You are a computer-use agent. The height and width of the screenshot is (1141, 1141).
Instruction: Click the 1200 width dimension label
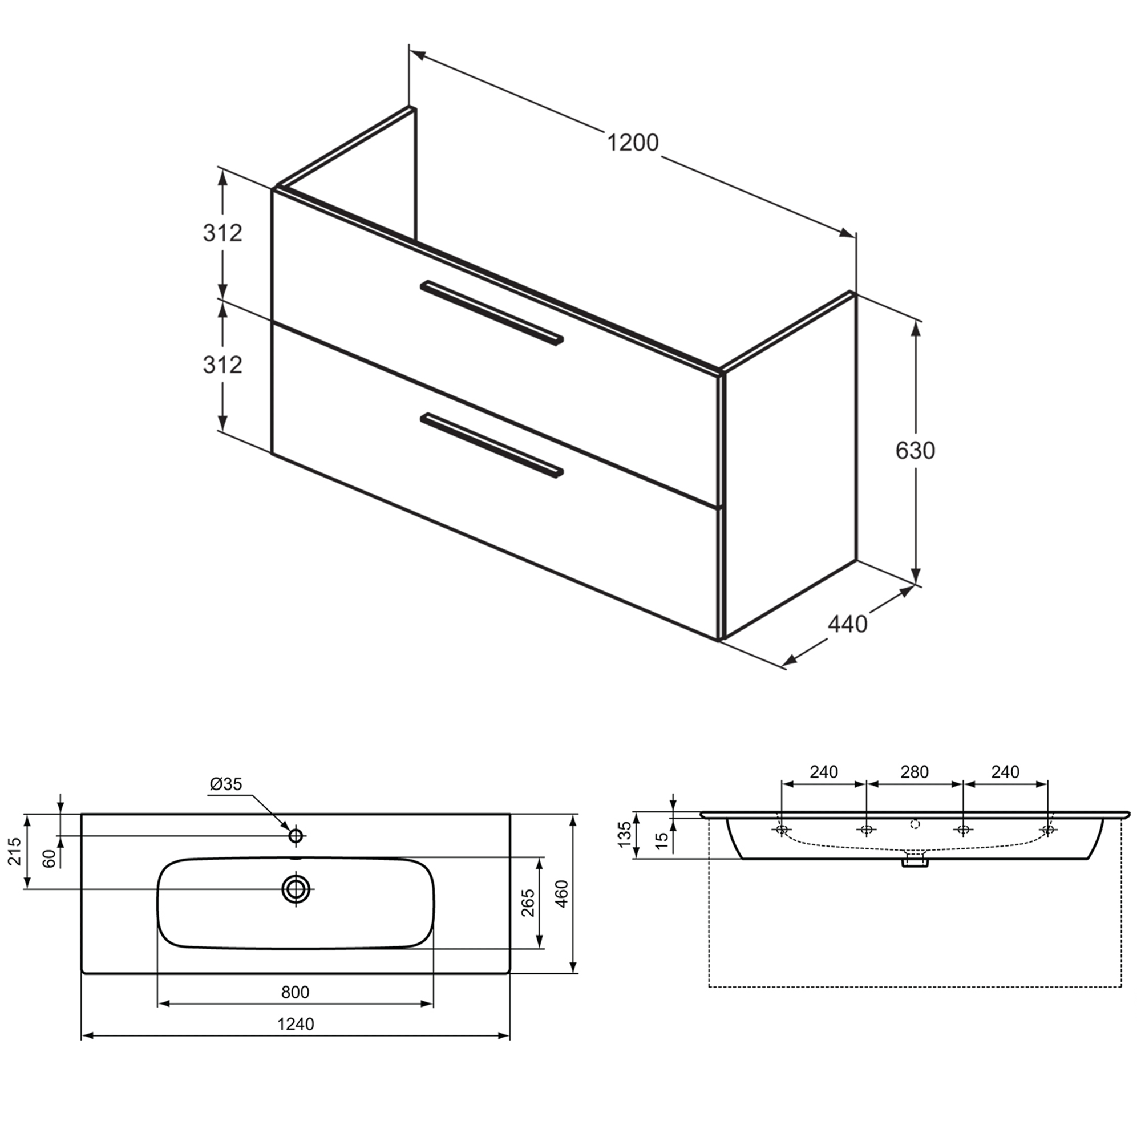point(633,143)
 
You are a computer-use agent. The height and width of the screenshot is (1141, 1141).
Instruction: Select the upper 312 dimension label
point(222,233)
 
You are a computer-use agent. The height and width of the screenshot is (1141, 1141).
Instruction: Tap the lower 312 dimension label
point(222,365)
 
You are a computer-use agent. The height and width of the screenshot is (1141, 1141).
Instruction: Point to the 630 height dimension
point(915,451)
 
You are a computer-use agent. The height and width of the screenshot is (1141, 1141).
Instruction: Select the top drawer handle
point(492,313)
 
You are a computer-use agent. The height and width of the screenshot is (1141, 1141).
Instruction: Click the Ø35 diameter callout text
point(225,784)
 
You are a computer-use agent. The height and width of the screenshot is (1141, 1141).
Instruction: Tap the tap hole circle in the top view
point(296,836)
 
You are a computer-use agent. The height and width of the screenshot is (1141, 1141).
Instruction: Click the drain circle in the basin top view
point(296,888)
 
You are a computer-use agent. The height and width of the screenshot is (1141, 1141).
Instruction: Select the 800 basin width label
point(295,992)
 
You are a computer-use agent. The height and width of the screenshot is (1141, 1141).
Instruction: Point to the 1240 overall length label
point(296,1024)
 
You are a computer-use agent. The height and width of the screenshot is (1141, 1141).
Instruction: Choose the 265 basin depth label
point(529,903)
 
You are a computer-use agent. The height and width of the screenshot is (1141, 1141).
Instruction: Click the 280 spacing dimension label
point(914,772)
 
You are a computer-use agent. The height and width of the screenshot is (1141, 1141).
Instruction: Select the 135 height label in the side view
point(625,835)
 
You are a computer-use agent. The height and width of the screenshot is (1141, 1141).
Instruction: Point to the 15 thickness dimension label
point(662,840)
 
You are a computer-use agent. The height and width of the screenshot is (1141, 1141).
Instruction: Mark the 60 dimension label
point(50,858)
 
